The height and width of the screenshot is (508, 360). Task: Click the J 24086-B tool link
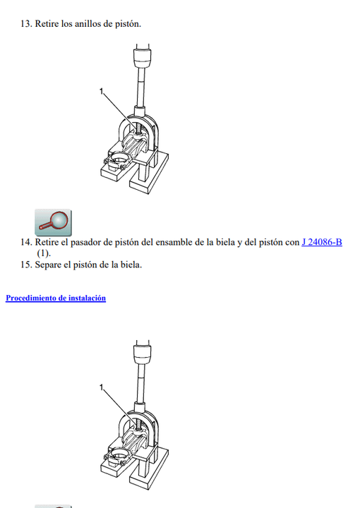(x=322, y=242)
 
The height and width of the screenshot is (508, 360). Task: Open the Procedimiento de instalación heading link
(x=56, y=298)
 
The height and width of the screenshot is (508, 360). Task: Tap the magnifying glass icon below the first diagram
(x=53, y=222)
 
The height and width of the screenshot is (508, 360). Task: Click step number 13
(x=26, y=24)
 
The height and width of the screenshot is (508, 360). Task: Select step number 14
(x=26, y=242)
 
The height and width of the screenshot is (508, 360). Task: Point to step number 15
(x=26, y=265)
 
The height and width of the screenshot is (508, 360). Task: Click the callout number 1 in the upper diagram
(x=101, y=92)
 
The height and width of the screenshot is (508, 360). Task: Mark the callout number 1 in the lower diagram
(x=101, y=387)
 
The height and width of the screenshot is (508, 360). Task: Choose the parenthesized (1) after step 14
(x=44, y=253)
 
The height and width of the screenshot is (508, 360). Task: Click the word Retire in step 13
(x=47, y=24)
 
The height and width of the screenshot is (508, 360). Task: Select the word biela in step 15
(x=131, y=265)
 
